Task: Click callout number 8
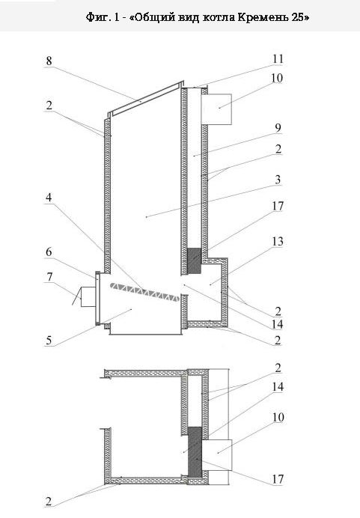click(x=49, y=61)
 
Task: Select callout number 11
click(x=278, y=59)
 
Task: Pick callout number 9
click(x=278, y=128)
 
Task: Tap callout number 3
click(x=278, y=180)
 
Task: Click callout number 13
click(x=278, y=242)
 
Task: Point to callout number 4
click(x=49, y=198)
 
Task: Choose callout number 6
click(x=49, y=252)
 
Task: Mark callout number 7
click(x=49, y=276)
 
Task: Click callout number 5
click(x=49, y=341)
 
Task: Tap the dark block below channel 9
click(x=194, y=261)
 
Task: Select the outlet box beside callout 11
click(x=216, y=109)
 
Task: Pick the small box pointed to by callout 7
click(x=88, y=297)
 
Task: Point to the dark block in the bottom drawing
click(x=195, y=451)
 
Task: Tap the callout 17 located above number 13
click(x=278, y=206)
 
